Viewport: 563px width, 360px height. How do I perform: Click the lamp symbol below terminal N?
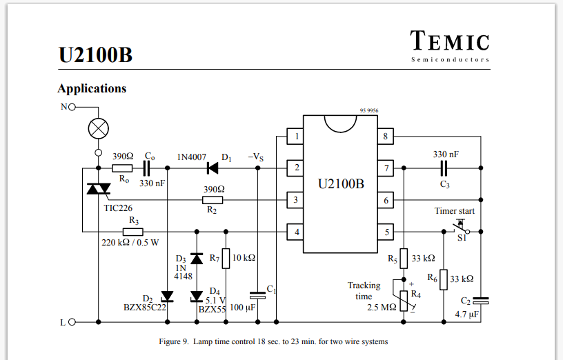tap(97, 129)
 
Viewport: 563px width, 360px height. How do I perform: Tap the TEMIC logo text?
tap(450, 42)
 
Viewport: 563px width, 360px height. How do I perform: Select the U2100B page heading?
tap(95, 55)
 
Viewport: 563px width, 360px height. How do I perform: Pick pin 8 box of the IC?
tap(386, 137)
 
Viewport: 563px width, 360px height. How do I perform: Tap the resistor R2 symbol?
tap(212, 201)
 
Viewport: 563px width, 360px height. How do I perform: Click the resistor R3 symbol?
tap(133, 232)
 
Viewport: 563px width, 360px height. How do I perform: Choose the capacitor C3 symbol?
tap(444, 168)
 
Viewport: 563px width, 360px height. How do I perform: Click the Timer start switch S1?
tap(460, 228)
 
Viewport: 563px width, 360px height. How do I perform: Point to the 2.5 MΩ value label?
tap(382, 307)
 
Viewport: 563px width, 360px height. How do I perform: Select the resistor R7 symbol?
tap(225, 258)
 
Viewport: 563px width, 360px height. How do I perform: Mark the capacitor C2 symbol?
tap(481, 301)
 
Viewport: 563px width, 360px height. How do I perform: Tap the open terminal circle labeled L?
tap(71, 321)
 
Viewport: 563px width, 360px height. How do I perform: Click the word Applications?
tap(92, 88)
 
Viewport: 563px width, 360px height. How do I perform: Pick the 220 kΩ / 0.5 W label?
tap(130, 243)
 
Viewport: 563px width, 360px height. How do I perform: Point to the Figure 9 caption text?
tap(273, 341)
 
